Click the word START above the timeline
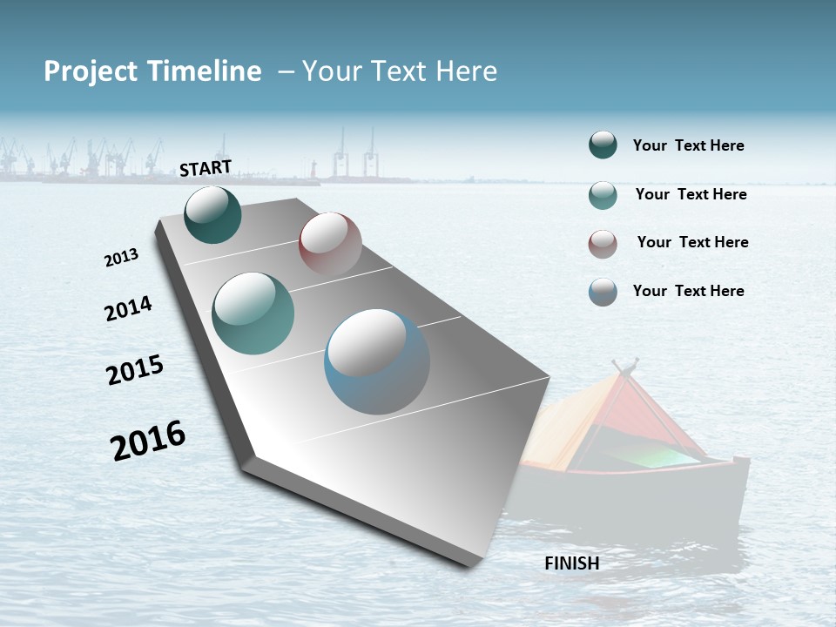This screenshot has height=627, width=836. (x=206, y=167)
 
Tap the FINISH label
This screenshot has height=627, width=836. (x=571, y=563)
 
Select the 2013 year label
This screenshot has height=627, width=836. (x=121, y=258)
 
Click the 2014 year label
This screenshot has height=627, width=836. (x=128, y=308)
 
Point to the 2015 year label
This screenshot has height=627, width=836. (x=135, y=370)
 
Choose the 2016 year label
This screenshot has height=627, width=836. (x=148, y=440)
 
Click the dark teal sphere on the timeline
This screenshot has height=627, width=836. (x=212, y=215)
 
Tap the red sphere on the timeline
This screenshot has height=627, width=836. (x=330, y=243)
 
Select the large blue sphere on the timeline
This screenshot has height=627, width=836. (x=376, y=361)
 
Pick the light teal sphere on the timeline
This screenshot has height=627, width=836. (x=253, y=313)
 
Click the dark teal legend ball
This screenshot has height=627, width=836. (x=603, y=145)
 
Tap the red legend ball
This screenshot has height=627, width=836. (x=603, y=244)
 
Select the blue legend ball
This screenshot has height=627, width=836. (x=603, y=292)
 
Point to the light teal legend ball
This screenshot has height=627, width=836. (x=603, y=195)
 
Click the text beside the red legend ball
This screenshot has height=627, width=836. (x=692, y=242)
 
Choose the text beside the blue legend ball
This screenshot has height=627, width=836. (x=688, y=291)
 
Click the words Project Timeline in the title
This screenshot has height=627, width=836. (x=152, y=71)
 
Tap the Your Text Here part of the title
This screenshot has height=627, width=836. (x=399, y=71)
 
